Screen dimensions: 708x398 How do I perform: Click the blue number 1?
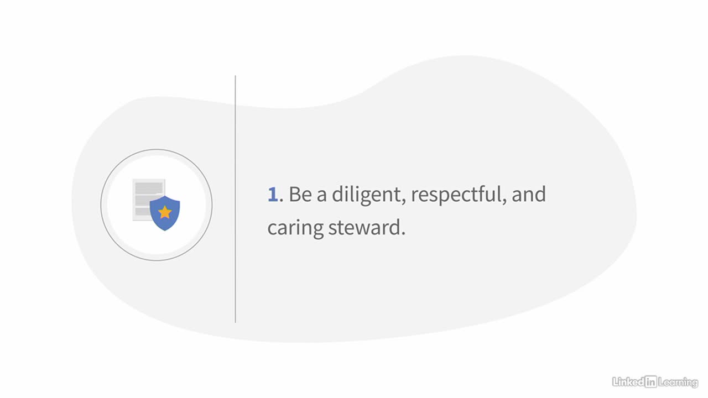(x=273, y=194)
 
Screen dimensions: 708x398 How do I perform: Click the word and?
(x=528, y=194)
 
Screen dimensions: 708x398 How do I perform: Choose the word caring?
(x=295, y=229)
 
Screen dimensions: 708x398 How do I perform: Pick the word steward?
(x=364, y=227)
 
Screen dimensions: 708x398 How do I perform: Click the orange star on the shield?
(x=165, y=212)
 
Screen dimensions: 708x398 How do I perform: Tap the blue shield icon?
(x=165, y=213)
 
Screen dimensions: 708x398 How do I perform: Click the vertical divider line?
(x=235, y=199)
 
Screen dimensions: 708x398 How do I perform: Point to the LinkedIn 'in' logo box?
(x=651, y=381)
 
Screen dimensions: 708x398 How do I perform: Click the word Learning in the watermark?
(x=678, y=383)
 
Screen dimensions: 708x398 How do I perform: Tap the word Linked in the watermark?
(x=628, y=381)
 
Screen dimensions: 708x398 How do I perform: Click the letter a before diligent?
(x=321, y=196)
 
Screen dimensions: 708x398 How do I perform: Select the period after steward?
(x=403, y=233)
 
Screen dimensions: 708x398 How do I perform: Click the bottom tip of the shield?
(x=165, y=231)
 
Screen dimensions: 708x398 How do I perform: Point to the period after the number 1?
(x=282, y=200)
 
